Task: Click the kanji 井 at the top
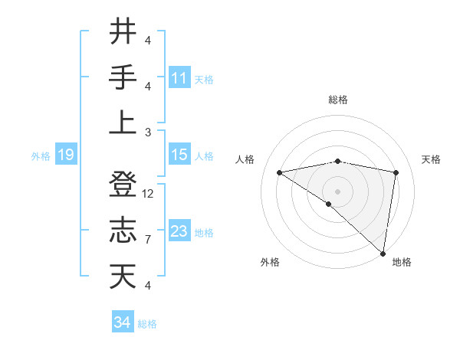[x=122, y=32]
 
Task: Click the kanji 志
[x=122, y=230]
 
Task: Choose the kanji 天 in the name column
[x=122, y=275]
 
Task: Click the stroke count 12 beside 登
[x=149, y=194]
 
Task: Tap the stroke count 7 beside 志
[x=148, y=240]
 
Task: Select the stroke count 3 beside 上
[x=148, y=132]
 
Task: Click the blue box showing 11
[x=179, y=77]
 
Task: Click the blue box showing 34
[x=122, y=322]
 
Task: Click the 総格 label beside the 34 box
[x=147, y=324]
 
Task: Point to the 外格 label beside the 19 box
[x=41, y=156]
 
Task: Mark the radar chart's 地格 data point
[x=383, y=252]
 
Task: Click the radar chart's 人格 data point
[x=280, y=172]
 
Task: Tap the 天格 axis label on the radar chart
[x=431, y=159]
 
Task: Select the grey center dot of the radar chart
[x=337, y=191]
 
